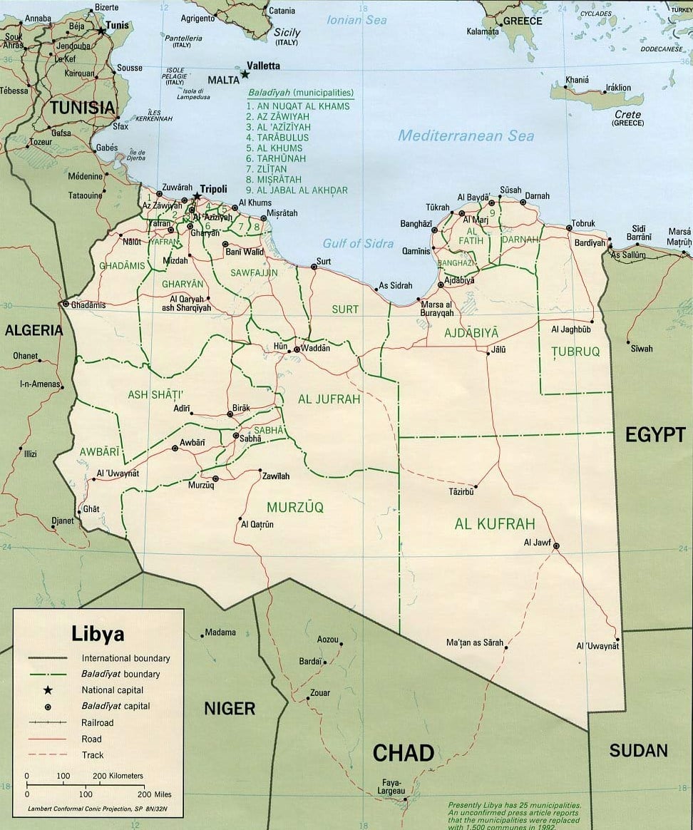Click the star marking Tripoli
pyautogui.click(x=196, y=197)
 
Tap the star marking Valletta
pyautogui.click(x=245, y=74)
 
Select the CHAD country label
pyautogui.click(x=403, y=753)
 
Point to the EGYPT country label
pyautogui.click(x=654, y=434)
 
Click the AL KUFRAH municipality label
pyautogui.click(x=494, y=524)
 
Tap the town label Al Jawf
pyautogui.click(x=537, y=542)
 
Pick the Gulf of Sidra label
pyautogui.click(x=358, y=243)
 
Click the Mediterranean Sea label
pyautogui.click(x=466, y=135)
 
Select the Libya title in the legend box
pyautogui.click(x=98, y=634)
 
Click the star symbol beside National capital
pyautogui.click(x=48, y=690)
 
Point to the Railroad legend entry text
pyautogui.click(x=98, y=722)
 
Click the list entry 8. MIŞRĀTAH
pyautogui.click(x=274, y=180)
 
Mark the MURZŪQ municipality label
pyautogui.click(x=295, y=507)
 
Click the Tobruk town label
pyautogui.click(x=582, y=223)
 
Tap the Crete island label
pyautogui.click(x=627, y=114)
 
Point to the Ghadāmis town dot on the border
pyautogui.click(x=66, y=304)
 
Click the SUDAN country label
pyautogui.click(x=638, y=750)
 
